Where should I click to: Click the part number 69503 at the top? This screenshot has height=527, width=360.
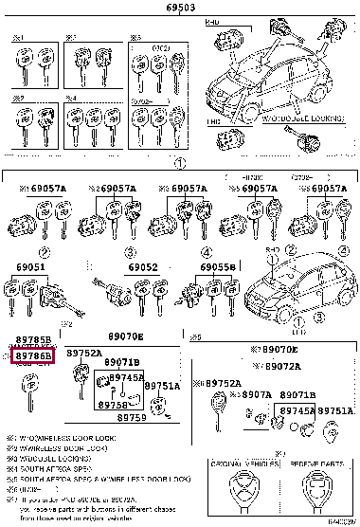coord(181,7)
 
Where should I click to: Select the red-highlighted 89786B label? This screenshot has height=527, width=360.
coord(34,355)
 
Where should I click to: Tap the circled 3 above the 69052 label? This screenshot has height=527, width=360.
coord(127,253)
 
